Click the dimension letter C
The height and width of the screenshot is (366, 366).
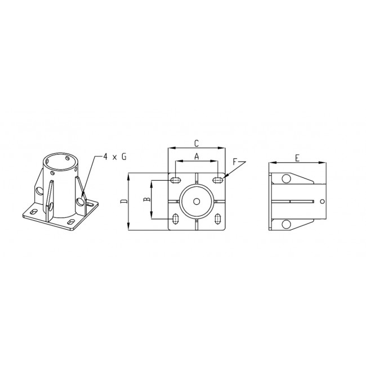pyautogui.click(x=197, y=144)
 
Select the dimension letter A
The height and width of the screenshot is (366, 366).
pyautogui.click(x=197, y=157)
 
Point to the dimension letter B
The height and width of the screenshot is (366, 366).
pyautogui.click(x=146, y=199)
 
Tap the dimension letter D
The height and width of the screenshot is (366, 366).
pyautogui.click(x=124, y=201)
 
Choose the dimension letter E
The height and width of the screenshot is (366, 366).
pyautogui.click(x=297, y=158)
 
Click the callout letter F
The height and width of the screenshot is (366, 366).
pyautogui.click(x=235, y=162)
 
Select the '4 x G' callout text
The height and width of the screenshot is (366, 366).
pyautogui.click(x=115, y=157)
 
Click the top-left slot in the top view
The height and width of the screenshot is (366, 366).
pyautogui.click(x=176, y=180)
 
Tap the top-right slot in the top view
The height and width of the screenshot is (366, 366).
pyautogui.click(x=217, y=180)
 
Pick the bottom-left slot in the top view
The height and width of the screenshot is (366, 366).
pyautogui.click(x=175, y=218)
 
